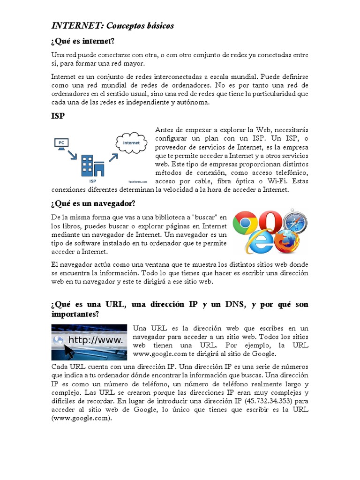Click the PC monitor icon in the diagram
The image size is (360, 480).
click(x=61, y=142)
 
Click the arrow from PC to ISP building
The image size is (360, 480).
click(x=73, y=155)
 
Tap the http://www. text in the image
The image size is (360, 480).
click(x=96, y=340)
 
